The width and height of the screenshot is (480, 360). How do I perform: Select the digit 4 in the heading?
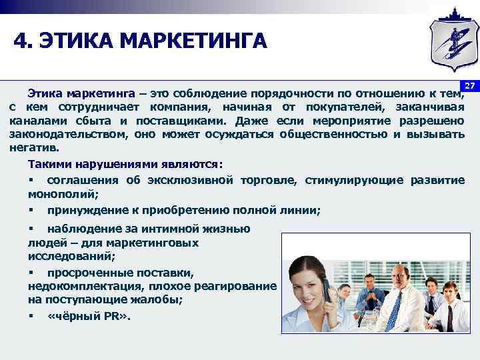click(x=21, y=41)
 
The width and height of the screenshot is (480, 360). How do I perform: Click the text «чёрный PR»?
click(x=89, y=315)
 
